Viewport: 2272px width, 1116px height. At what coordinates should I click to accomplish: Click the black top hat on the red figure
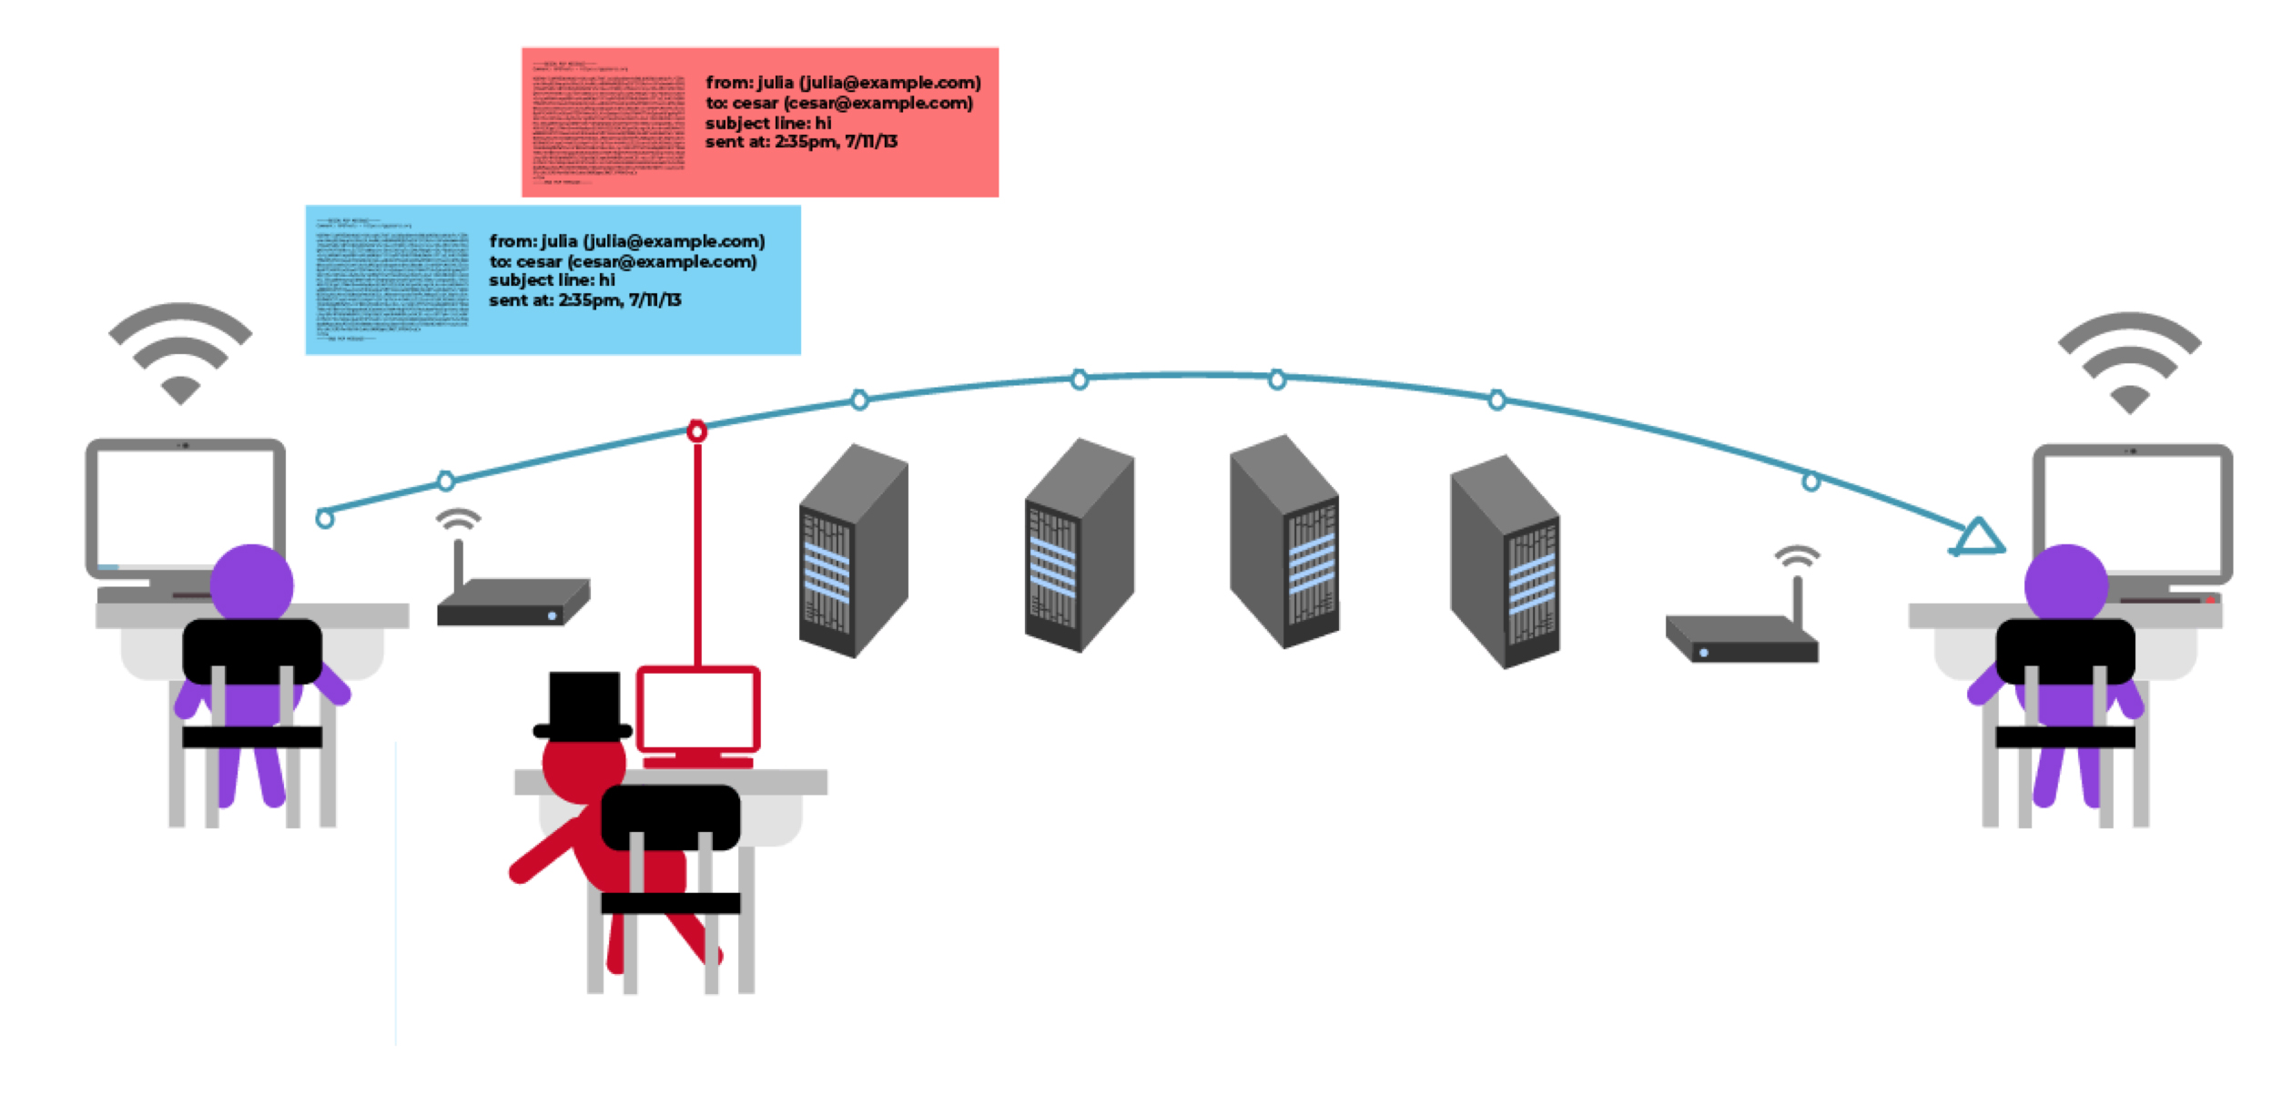point(583,705)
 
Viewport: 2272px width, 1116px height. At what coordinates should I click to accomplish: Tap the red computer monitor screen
point(697,710)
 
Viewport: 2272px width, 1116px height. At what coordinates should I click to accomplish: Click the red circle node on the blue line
point(696,431)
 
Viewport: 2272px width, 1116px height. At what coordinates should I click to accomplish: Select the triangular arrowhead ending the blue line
point(1977,538)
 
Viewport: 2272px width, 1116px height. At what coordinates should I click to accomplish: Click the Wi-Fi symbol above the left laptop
point(180,355)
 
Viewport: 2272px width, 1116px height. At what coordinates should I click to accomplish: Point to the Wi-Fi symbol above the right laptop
point(2129,363)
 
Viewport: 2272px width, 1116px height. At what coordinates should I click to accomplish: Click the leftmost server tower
point(853,551)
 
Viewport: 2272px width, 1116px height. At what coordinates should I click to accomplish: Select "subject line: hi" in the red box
point(768,123)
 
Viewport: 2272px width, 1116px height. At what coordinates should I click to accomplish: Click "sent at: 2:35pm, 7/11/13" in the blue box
point(584,300)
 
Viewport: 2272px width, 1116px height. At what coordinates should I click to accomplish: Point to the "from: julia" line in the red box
point(843,83)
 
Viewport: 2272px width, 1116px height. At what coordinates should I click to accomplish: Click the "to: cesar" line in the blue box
point(623,262)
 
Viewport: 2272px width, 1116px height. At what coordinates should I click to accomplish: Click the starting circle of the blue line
point(324,519)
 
